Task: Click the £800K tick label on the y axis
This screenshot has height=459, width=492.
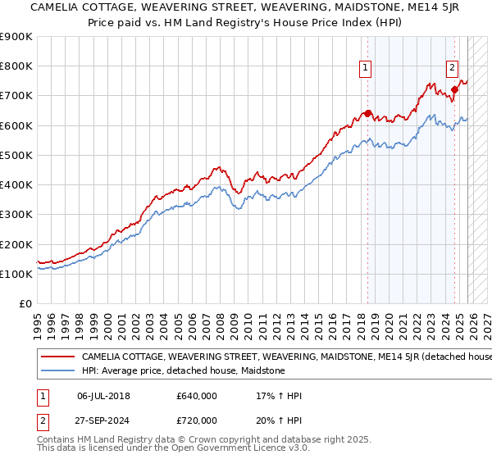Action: tap(16, 66)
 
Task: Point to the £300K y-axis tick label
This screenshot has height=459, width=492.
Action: tap(16, 215)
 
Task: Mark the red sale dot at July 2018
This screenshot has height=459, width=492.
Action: tap(367, 113)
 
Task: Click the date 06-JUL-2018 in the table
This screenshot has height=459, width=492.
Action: tap(103, 395)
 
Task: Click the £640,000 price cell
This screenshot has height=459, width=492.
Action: tap(197, 395)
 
